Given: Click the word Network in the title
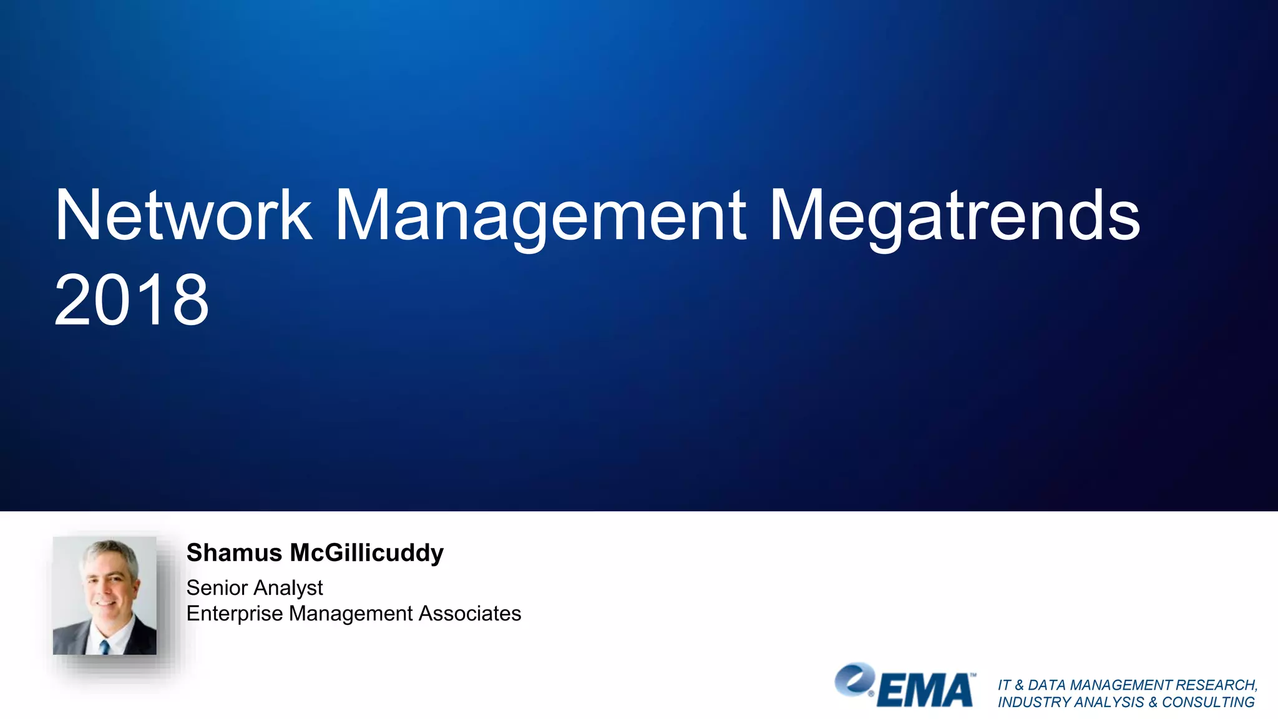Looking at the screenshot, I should [183, 215].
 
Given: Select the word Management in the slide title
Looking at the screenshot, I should [540, 215].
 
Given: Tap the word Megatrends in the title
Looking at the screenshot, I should [955, 215].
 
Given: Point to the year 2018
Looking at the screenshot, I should [132, 300].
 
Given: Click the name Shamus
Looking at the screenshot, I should [234, 553].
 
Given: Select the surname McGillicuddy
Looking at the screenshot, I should [367, 553].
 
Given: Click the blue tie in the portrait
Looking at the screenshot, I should [105, 647].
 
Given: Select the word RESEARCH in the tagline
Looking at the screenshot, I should [1216, 685].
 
